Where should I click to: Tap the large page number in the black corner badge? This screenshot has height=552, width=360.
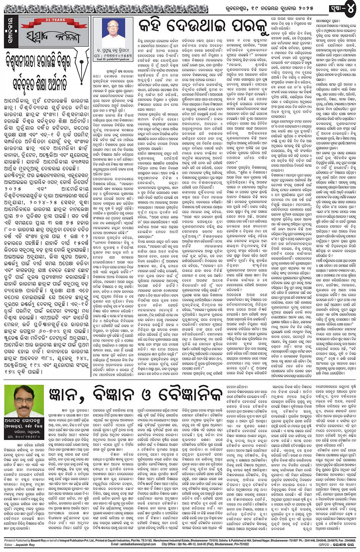(348, 7)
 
